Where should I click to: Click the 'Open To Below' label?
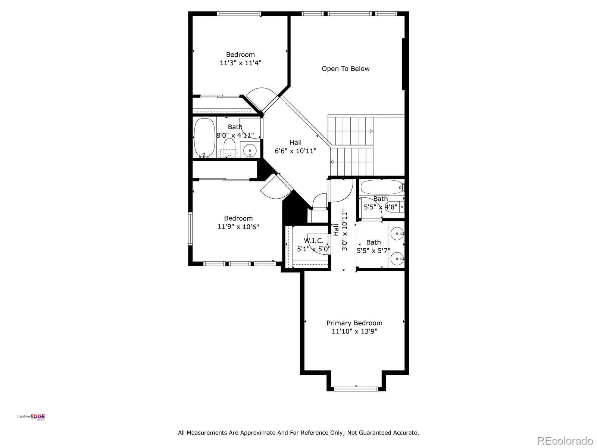346,69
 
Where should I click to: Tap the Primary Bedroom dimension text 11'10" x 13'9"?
354,332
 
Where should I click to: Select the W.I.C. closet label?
314,241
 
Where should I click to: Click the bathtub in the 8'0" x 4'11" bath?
204,137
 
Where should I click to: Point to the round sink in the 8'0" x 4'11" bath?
249,150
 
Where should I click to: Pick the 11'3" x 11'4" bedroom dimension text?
240,63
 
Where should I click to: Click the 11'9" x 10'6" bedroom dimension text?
238,227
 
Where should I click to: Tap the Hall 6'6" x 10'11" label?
296,147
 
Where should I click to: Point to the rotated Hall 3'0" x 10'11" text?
341,230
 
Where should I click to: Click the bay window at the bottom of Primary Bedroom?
356,389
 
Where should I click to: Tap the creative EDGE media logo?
31,417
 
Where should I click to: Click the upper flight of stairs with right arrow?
351,131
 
